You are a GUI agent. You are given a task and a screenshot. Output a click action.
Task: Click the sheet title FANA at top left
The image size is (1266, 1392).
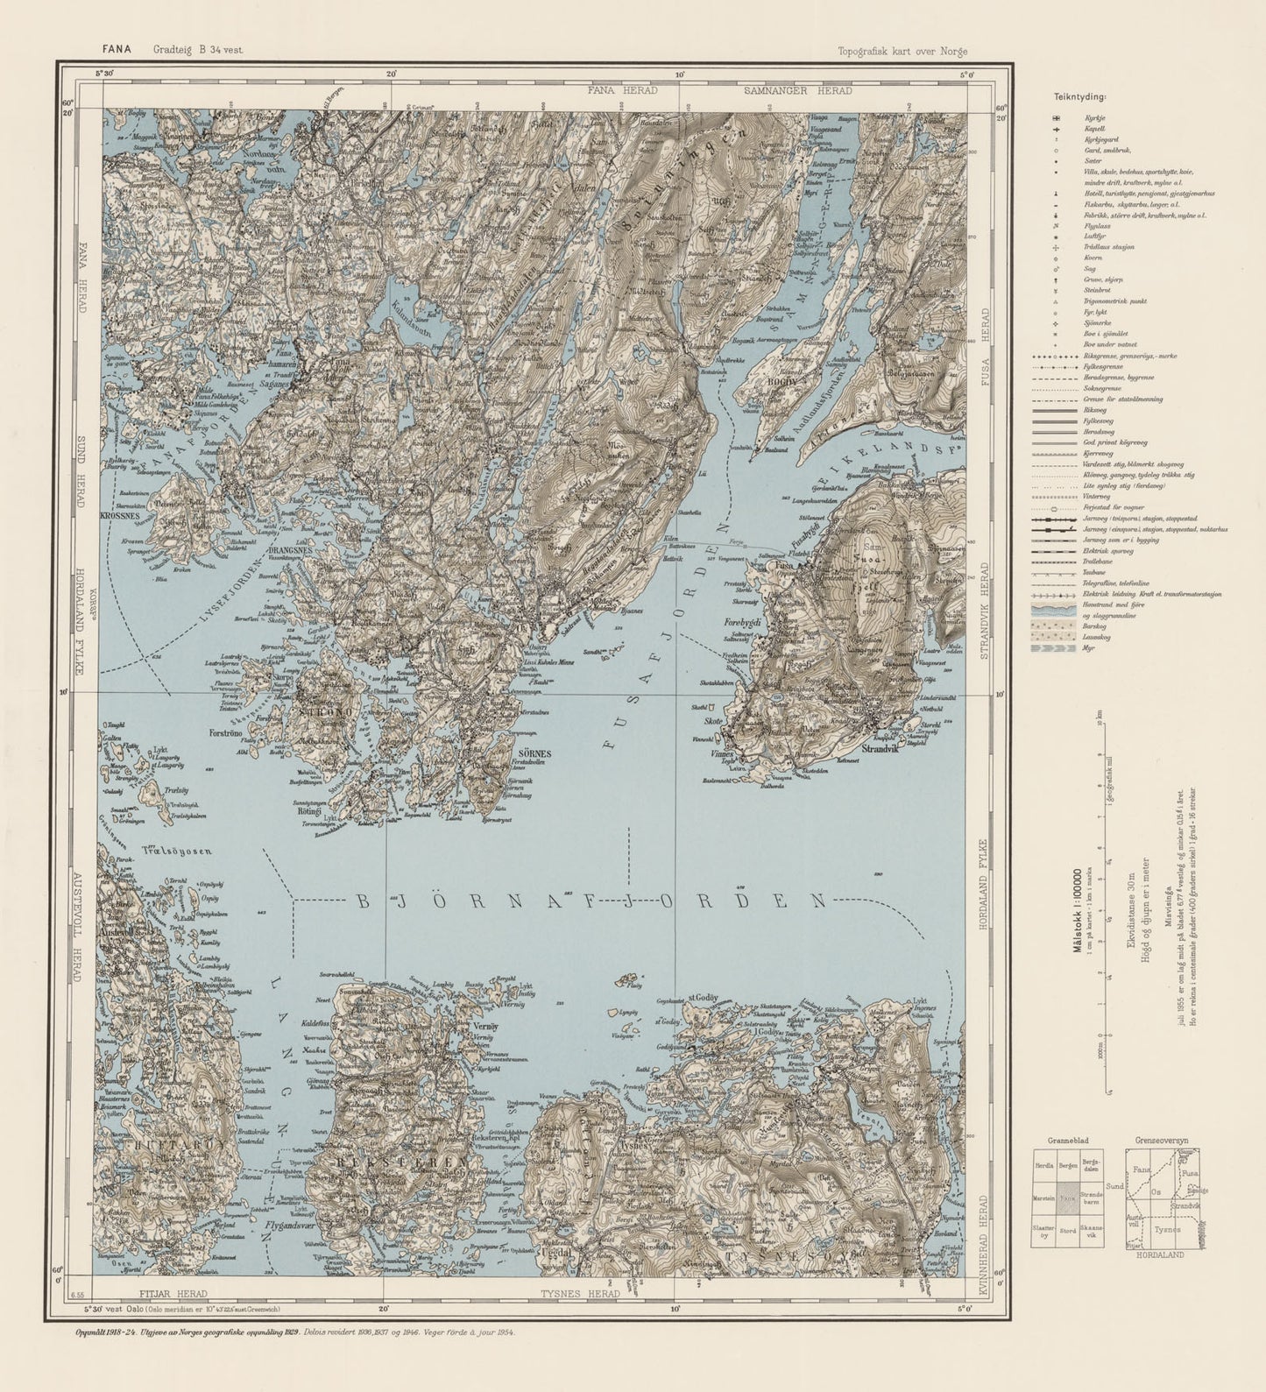pyautogui.click(x=116, y=50)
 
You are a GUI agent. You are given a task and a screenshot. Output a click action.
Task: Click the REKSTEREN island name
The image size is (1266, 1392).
pyautogui.click(x=399, y=1162)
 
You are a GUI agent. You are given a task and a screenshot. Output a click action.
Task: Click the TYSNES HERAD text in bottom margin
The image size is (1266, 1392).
pyautogui.click(x=579, y=1293)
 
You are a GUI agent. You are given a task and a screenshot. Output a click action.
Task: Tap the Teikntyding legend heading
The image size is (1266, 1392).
pyautogui.click(x=1079, y=97)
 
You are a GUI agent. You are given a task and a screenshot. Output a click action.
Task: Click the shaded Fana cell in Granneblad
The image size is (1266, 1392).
pyautogui.click(x=1067, y=1198)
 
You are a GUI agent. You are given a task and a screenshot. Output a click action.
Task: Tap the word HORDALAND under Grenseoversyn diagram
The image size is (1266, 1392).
pyautogui.click(x=1162, y=1255)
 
